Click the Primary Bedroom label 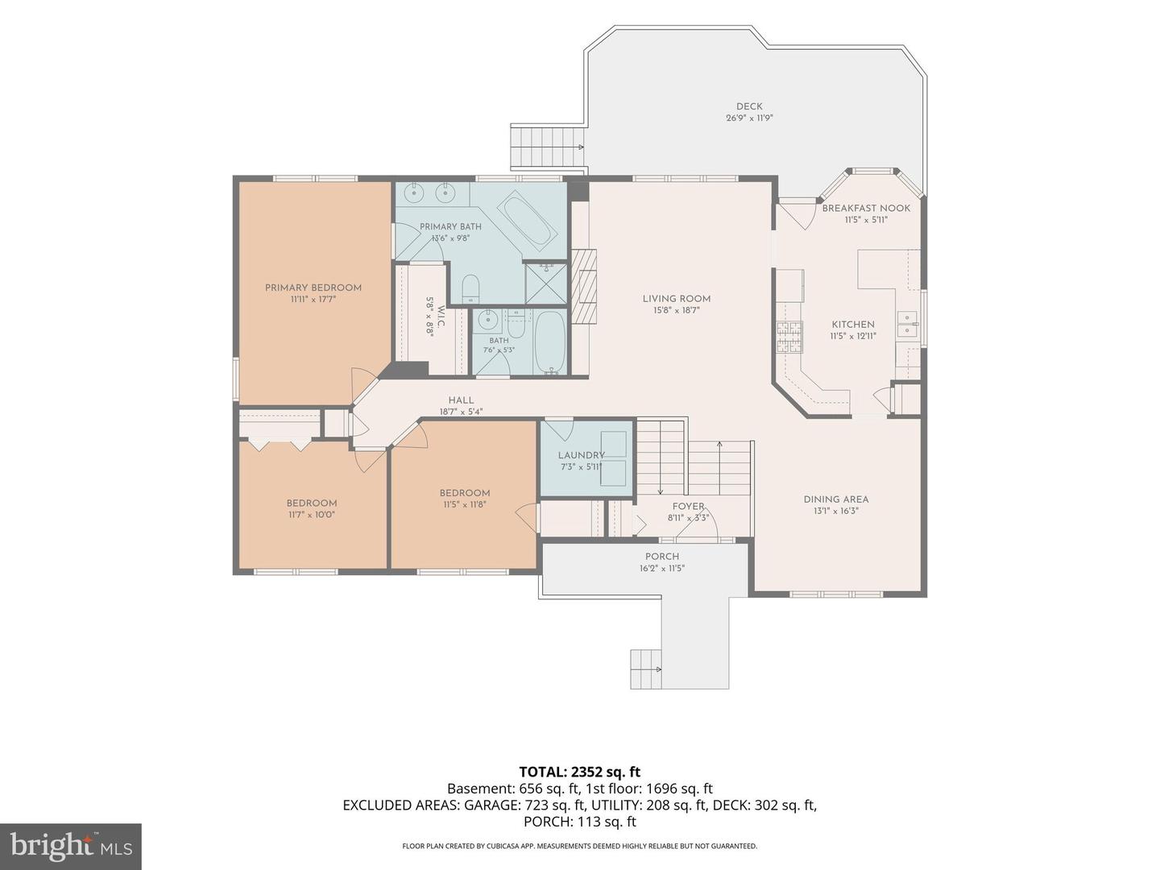[x=313, y=288]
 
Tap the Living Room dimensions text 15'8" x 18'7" [x=676, y=311]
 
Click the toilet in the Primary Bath [x=470, y=288]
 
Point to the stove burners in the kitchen [x=789, y=338]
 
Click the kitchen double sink [x=907, y=325]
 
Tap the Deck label [x=749, y=106]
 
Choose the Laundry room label [x=581, y=455]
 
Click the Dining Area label [x=835, y=499]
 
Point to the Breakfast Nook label [x=866, y=208]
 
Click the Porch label [x=661, y=556]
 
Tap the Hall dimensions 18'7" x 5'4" [x=461, y=412]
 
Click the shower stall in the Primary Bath [x=546, y=284]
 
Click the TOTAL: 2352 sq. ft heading [x=580, y=773]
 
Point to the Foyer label [x=688, y=507]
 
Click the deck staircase [x=547, y=147]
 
